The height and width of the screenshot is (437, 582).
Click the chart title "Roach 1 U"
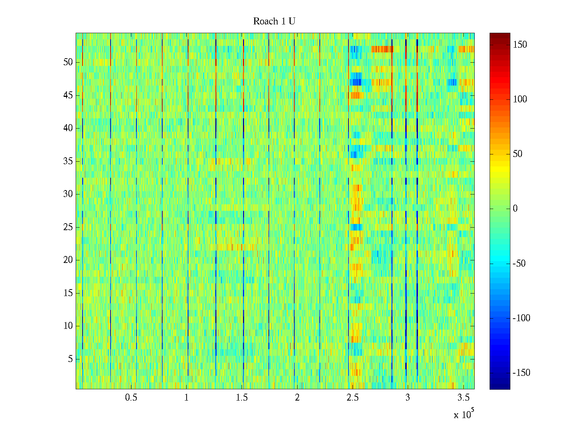tap(274, 21)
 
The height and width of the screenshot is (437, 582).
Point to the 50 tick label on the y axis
tap(68, 62)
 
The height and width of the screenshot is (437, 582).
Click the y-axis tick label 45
tap(68, 95)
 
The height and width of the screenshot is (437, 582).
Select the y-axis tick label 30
tap(68, 194)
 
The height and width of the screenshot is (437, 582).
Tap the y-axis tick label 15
tap(68, 293)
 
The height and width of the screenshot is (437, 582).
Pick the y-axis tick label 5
tap(70, 359)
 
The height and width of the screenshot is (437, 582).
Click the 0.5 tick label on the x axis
tap(131, 398)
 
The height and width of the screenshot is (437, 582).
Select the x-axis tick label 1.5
tap(242, 398)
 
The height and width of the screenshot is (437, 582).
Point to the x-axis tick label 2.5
tap(352, 398)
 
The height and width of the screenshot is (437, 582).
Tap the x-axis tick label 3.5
tap(463, 398)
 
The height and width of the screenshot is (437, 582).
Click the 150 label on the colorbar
tap(520, 45)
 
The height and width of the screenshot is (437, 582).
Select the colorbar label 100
tap(520, 99)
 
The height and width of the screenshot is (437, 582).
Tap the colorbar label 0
tap(515, 209)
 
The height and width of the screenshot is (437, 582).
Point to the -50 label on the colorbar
tap(519, 264)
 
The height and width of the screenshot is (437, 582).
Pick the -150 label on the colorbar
tap(521, 373)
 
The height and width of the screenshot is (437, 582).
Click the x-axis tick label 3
tap(407, 398)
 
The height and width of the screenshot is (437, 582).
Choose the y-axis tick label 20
tap(68, 260)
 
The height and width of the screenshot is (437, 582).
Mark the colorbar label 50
tap(518, 154)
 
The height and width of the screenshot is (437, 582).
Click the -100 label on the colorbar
tap(521, 318)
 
